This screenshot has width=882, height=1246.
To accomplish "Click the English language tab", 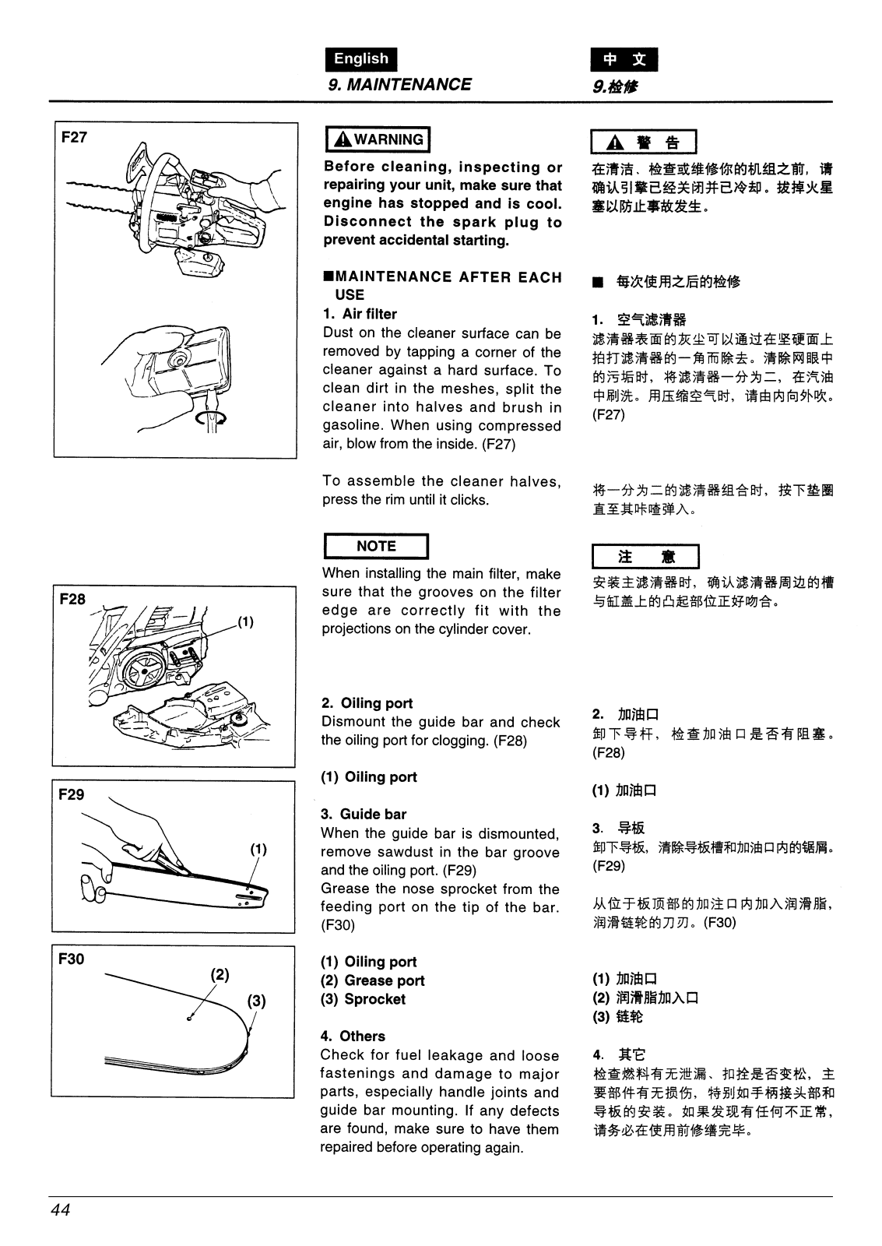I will (x=360, y=59).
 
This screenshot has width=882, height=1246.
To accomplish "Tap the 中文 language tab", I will (x=624, y=60).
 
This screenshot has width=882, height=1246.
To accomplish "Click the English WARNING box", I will (x=377, y=140).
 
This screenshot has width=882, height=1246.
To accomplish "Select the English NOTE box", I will (x=375, y=547).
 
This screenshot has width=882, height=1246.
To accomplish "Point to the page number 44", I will (x=61, y=1210).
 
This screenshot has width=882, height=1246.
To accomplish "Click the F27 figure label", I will (x=75, y=138).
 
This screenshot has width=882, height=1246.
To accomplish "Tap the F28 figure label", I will (x=72, y=600).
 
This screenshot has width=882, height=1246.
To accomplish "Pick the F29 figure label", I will (x=72, y=794).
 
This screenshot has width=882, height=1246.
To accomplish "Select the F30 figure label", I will (x=72, y=959).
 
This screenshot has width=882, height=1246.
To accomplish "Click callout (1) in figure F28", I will (x=245, y=621).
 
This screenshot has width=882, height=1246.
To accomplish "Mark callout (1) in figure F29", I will (x=258, y=849).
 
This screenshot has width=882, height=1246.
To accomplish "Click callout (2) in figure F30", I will (x=220, y=974).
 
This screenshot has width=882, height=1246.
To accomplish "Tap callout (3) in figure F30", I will (x=257, y=1001).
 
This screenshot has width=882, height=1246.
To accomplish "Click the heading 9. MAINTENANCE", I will (x=399, y=85).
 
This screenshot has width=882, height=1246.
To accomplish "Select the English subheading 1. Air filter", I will (x=360, y=315).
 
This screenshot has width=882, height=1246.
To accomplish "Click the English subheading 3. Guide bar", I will (x=364, y=815).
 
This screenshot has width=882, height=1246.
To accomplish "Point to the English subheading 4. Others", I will (x=353, y=1037).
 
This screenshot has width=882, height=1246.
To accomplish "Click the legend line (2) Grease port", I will (x=373, y=981).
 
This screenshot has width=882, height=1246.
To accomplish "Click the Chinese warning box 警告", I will (x=645, y=143).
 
